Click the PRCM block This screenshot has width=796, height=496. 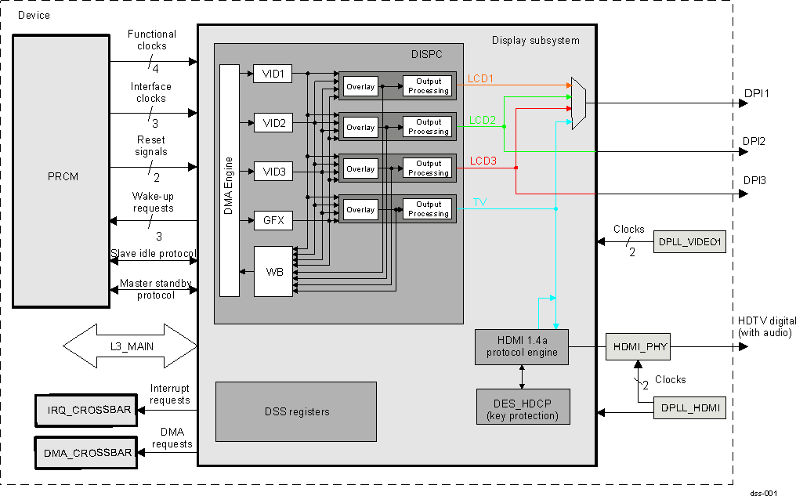click(61, 171)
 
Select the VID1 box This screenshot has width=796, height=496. click(273, 74)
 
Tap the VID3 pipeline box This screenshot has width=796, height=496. click(273, 172)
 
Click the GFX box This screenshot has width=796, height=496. click(273, 221)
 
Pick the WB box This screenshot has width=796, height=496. click(273, 271)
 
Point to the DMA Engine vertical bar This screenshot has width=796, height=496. click(229, 180)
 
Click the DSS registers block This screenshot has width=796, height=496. click(296, 411)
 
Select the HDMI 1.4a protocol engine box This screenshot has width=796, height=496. click(521, 346)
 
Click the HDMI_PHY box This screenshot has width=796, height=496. click(637, 346)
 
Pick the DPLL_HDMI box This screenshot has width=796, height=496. click(689, 408)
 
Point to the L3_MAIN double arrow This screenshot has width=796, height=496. click(129, 346)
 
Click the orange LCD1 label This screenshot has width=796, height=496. click(481, 78)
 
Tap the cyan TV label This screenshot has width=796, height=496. click(479, 202)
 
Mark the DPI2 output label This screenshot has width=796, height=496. click(754, 141)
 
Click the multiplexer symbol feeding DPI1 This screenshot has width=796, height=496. click(578, 103)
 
